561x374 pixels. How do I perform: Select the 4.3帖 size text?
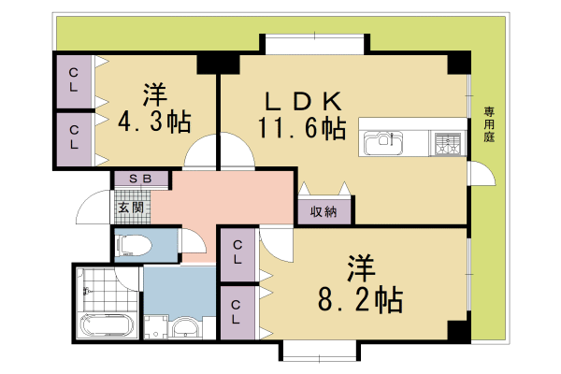pos(154,121)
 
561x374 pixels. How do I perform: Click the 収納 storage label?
pos(323,212)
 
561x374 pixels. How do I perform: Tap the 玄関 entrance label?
pos(131,208)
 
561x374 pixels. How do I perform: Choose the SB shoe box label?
pos(140,179)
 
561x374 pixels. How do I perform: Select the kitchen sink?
pos(380,143)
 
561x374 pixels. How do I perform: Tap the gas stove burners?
pos(446,144)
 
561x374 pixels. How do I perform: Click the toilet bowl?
pos(132,246)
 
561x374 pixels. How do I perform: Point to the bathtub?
pos(108,330)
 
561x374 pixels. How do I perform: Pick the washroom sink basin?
pos(186,328)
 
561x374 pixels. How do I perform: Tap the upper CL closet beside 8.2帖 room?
pos(238,253)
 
